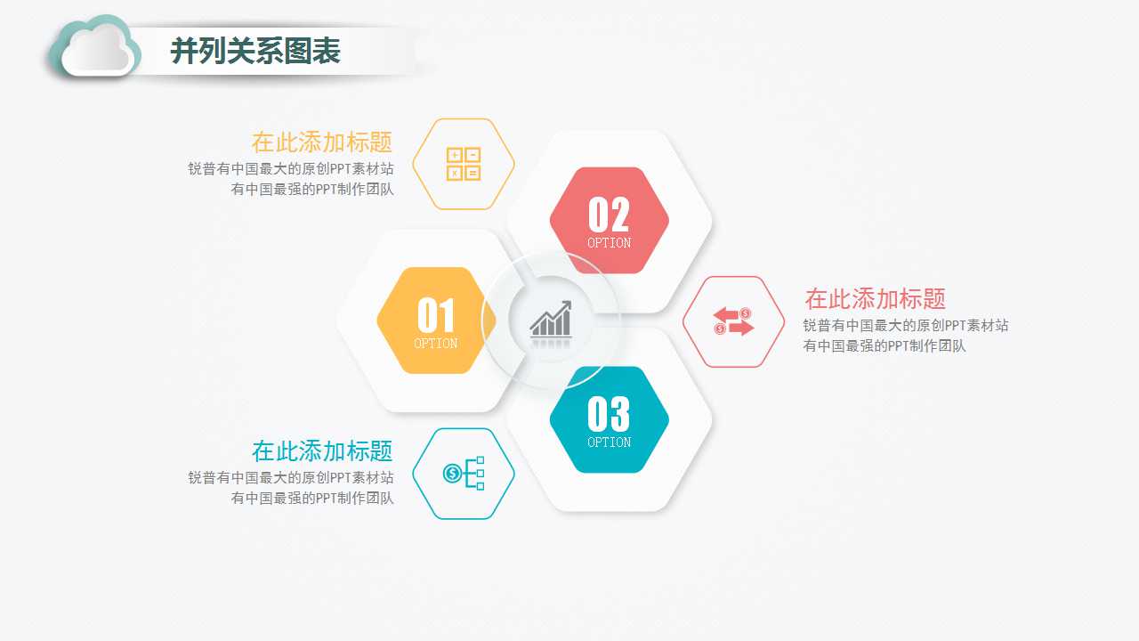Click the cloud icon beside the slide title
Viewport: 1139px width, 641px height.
point(95,48)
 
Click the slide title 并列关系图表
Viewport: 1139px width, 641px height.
point(255,52)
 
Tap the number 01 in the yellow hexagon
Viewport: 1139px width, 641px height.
point(436,315)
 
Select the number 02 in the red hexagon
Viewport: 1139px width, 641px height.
point(610,215)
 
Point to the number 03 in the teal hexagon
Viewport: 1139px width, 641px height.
point(610,414)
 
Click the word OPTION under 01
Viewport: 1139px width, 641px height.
point(436,344)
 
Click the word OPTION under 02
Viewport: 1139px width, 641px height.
point(610,243)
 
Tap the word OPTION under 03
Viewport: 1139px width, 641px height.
point(610,442)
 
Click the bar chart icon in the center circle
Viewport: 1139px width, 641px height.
point(551,320)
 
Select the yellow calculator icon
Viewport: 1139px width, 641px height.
point(464,164)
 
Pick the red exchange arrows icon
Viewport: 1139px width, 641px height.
point(733,321)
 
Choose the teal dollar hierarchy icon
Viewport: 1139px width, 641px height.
point(464,473)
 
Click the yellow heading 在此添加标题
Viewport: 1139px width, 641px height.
point(322,142)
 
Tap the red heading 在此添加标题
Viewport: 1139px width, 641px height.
point(875,298)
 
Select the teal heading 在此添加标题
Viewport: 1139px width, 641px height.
point(322,451)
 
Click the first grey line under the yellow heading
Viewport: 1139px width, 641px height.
point(291,168)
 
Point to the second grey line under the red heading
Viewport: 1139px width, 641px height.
point(884,346)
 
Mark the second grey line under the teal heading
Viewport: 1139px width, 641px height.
point(312,499)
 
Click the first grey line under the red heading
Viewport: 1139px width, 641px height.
point(906,326)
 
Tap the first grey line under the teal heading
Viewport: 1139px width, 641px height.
point(291,478)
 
